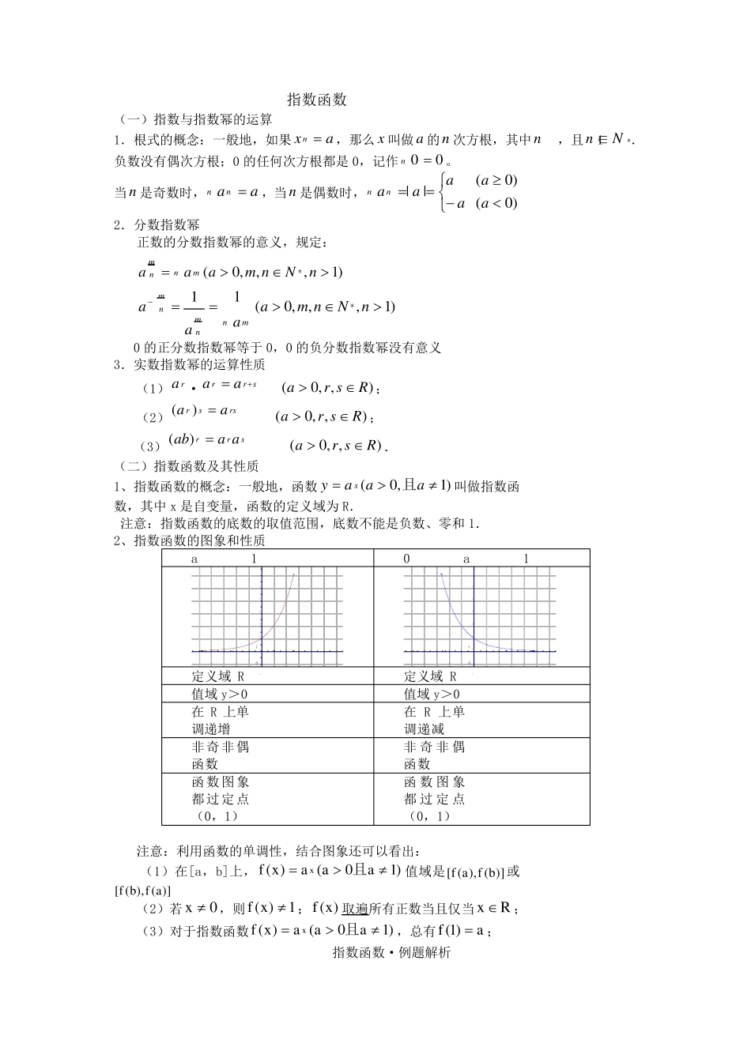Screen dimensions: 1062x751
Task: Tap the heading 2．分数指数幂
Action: [x=157, y=225]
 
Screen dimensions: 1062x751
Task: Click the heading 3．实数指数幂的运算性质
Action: [x=189, y=365]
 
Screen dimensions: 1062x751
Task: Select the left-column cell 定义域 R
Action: [x=218, y=676]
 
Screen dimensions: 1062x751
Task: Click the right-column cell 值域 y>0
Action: [x=432, y=694]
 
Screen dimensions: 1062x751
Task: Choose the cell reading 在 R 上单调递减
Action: [x=434, y=720]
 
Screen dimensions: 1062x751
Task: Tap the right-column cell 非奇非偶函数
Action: [x=434, y=755]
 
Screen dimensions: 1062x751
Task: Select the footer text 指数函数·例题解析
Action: [x=392, y=953]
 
